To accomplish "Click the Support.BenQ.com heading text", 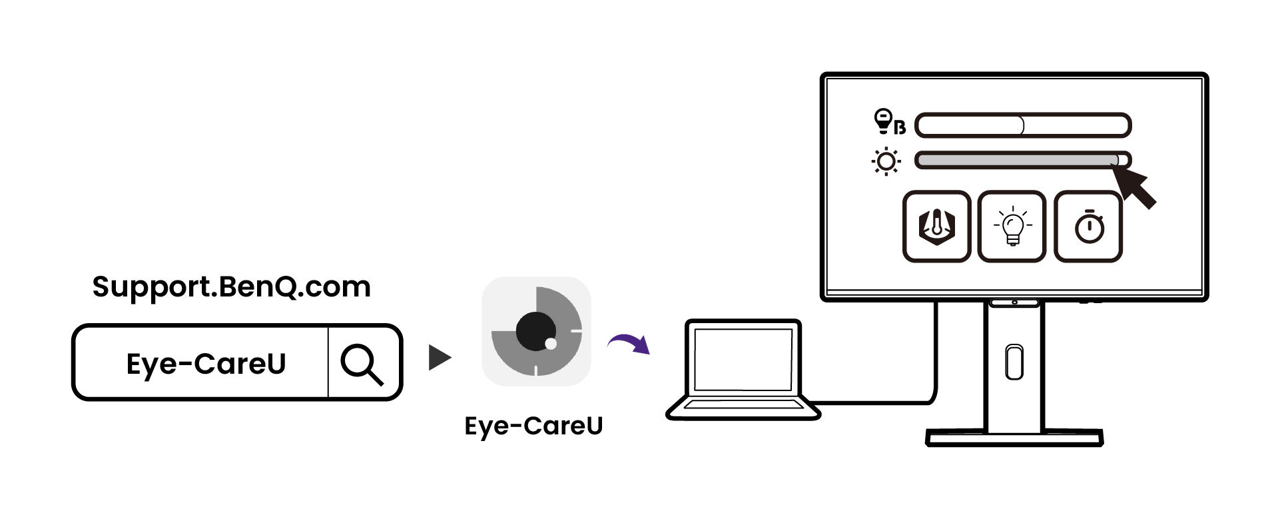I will tap(231, 287).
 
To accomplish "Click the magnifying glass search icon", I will tap(362, 364).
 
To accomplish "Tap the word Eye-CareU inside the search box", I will tap(206, 364).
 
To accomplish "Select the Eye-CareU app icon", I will tap(536, 332).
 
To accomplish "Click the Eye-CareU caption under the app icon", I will tap(533, 426).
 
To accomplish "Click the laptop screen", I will tap(743, 359).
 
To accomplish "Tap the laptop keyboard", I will tap(743, 405).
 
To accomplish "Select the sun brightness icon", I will tap(886, 162).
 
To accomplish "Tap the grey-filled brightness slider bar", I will tap(1016, 161).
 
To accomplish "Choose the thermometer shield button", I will tap(936, 227).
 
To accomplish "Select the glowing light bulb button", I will tap(1012, 227).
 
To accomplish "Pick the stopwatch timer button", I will tap(1088, 227).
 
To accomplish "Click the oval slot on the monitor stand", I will tap(1014, 362).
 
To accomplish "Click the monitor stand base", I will tap(1014, 438).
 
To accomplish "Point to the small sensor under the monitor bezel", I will tap(1014, 303).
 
